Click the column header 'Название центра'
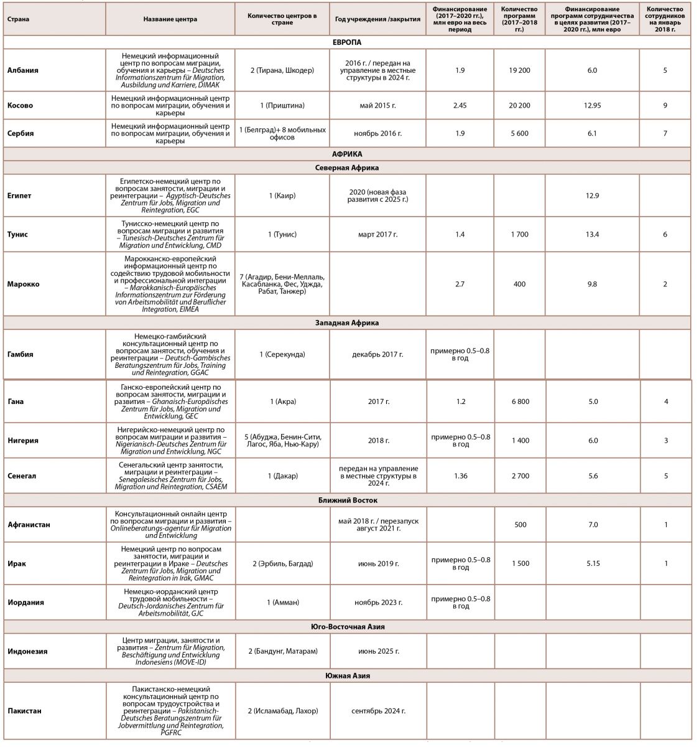(x=170, y=19)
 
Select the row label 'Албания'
(x=23, y=70)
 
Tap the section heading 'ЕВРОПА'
(x=346, y=42)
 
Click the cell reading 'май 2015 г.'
(x=377, y=106)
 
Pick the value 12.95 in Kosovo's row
(x=592, y=106)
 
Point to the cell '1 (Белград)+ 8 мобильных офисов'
(x=282, y=133)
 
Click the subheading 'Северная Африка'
(x=346, y=168)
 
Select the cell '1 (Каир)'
(x=282, y=196)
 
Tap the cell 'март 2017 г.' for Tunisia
(x=377, y=235)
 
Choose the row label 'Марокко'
(x=24, y=284)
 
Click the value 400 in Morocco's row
(x=519, y=284)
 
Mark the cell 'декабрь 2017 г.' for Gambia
(x=377, y=354)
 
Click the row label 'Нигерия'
(x=23, y=441)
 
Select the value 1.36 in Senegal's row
(x=460, y=476)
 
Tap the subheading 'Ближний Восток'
(x=346, y=500)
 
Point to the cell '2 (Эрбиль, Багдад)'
(x=283, y=563)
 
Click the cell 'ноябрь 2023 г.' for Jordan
(x=378, y=603)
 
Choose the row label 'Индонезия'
(x=27, y=652)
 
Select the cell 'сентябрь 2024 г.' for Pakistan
(x=378, y=711)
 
